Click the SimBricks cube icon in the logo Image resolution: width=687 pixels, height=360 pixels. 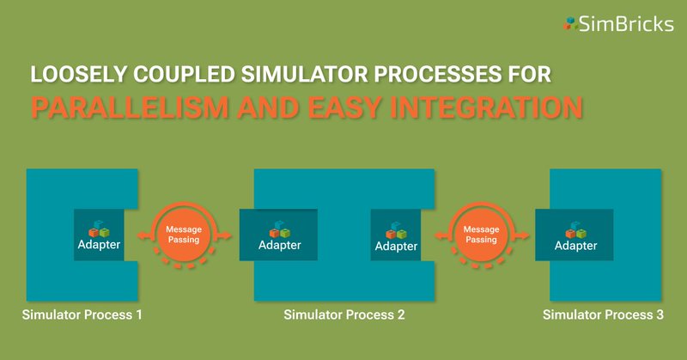coord(569,24)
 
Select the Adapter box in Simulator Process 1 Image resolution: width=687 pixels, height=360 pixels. coord(98,235)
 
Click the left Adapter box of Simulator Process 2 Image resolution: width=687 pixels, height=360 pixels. coord(278,235)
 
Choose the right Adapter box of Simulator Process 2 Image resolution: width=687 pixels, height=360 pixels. coord(395,235)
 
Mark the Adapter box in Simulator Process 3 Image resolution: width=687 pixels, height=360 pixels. coord(575,235)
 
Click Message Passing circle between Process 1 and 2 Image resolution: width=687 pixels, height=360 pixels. coord(183,235)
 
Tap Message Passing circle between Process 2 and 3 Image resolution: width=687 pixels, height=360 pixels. coord(480,235)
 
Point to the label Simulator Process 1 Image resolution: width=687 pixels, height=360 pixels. coord(82,315)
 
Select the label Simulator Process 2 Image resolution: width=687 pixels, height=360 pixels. coord(343,315)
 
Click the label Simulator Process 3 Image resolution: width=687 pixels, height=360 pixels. coord(603,315)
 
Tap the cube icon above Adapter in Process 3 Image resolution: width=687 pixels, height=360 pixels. coord(575,229)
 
